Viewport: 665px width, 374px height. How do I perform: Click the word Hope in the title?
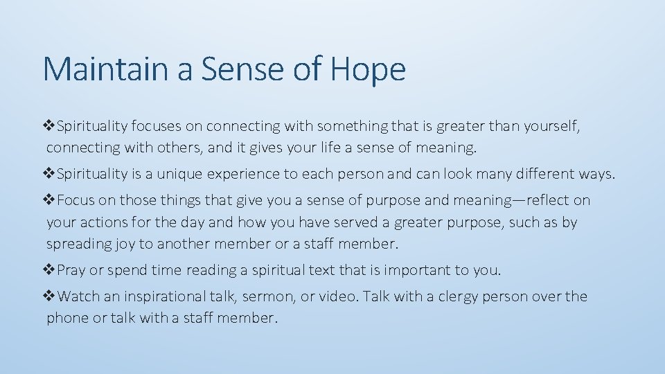[368, 69]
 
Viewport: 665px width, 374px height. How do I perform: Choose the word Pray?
[71, 270]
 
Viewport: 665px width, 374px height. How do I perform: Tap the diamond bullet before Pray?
[51, 270]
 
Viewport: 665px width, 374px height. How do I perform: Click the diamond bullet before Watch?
[51, 296]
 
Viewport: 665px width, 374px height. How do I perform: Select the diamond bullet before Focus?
[51, 200]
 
